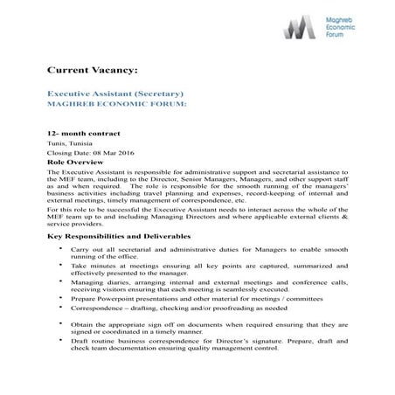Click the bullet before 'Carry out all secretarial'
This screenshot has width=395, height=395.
click(x=60, y=251)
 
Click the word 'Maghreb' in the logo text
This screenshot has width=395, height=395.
click(x=348, y=18)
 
